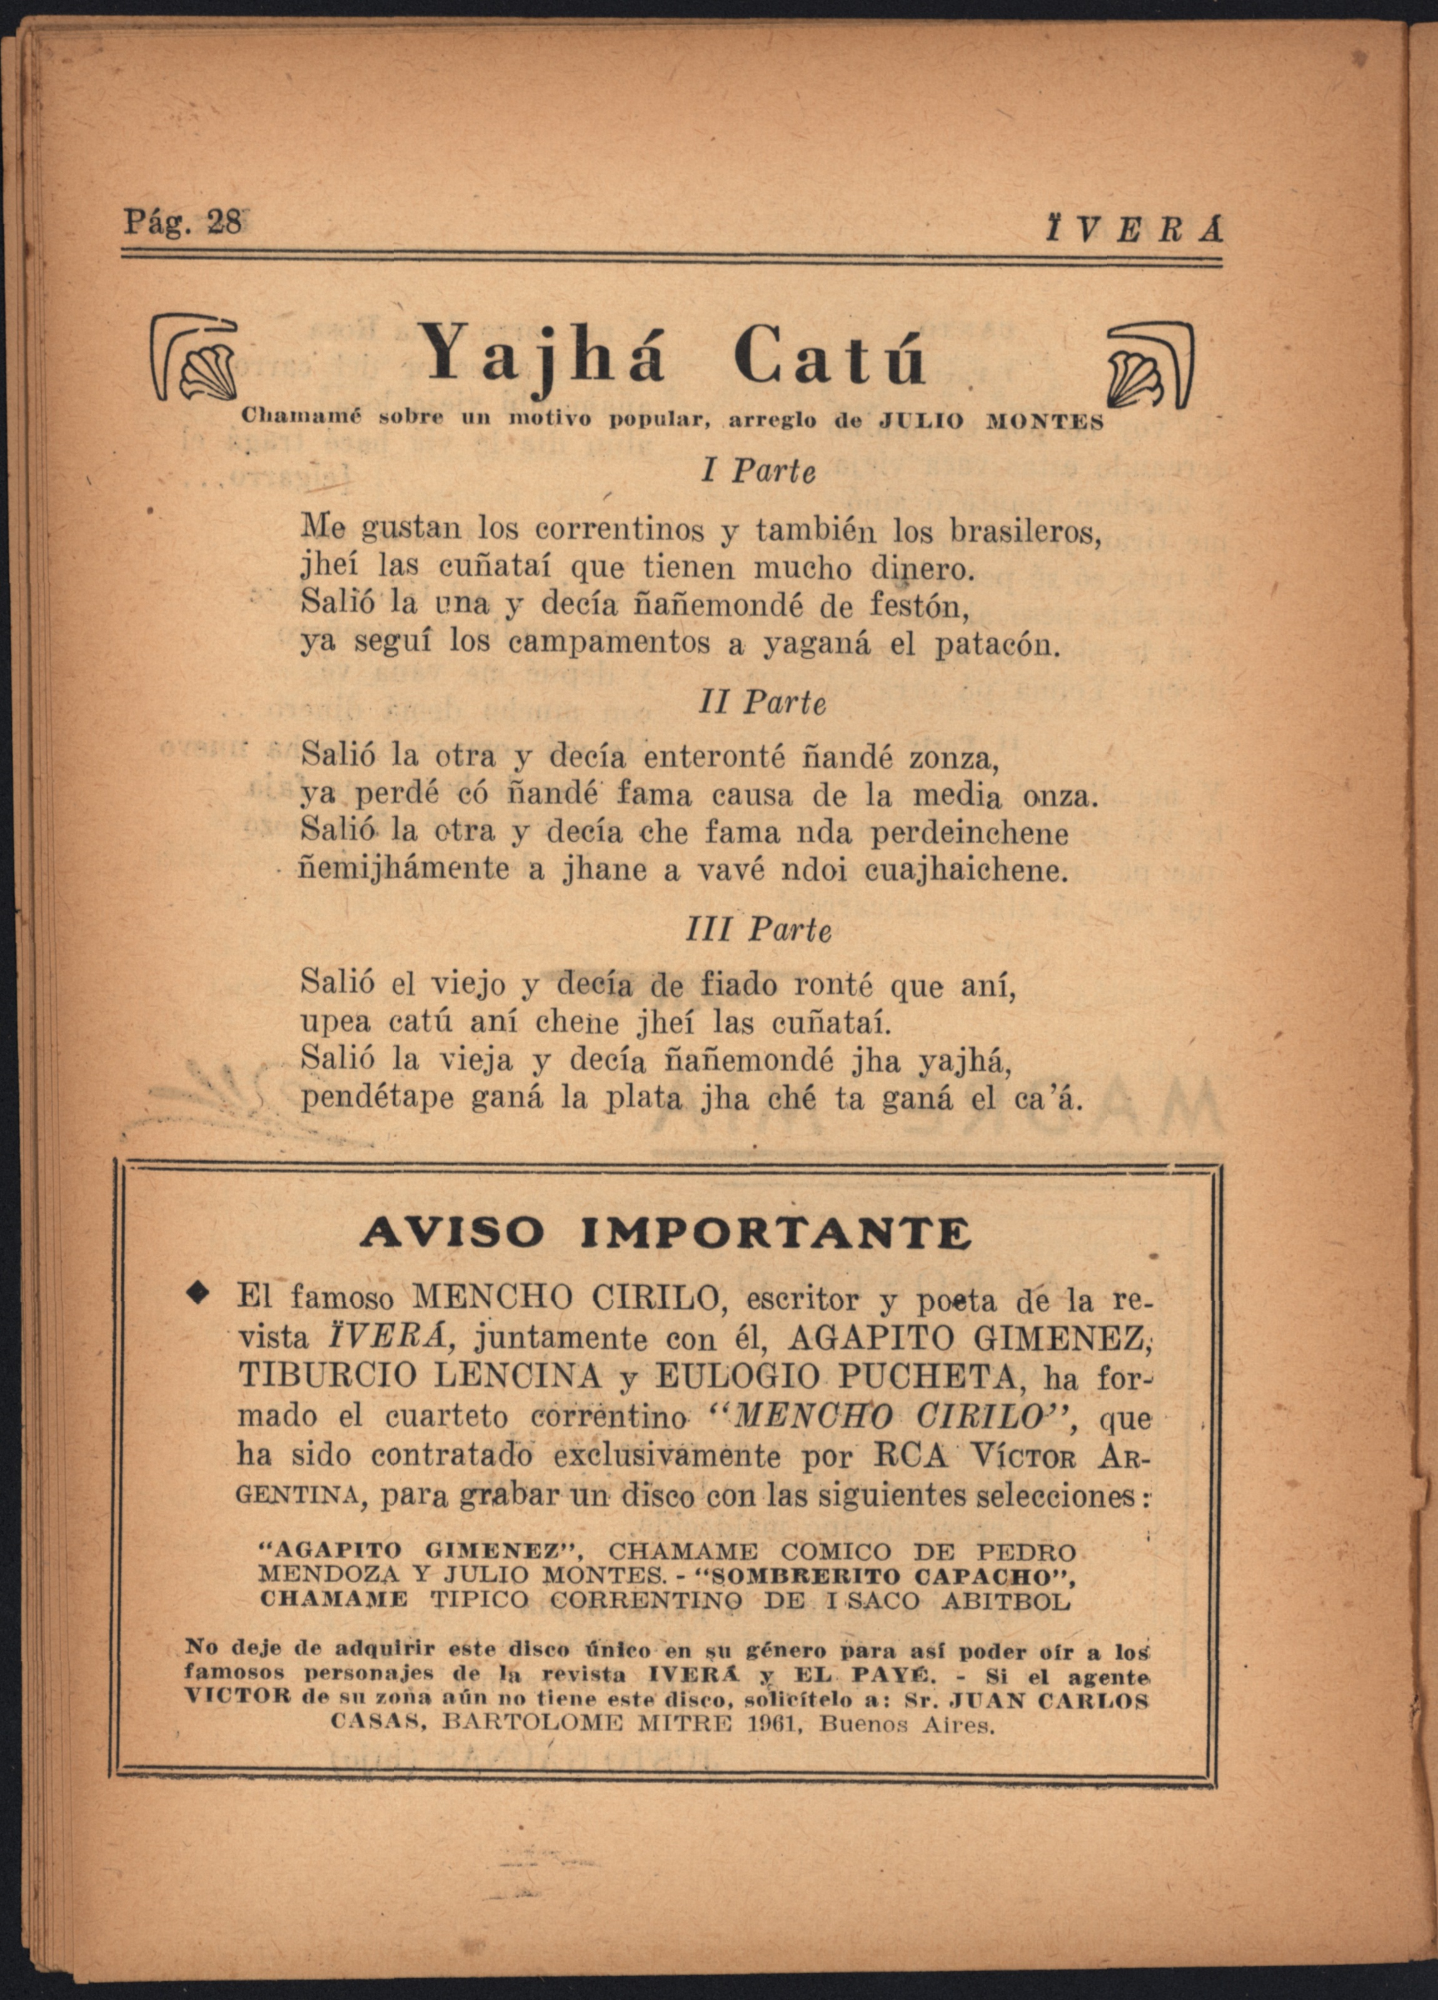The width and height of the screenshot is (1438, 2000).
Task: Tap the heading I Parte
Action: pos(758,472)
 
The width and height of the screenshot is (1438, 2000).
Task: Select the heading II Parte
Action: pos(762,703)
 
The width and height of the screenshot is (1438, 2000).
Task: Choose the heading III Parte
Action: pos(758,931)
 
